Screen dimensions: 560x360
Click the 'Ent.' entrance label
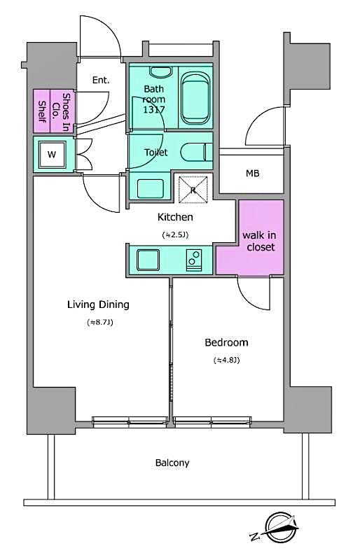[x=102, y=80]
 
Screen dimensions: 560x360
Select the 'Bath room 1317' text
[x=153, y=99]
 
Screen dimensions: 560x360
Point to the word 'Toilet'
[x=155, y=152]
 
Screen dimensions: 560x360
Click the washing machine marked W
[x=52, y=154]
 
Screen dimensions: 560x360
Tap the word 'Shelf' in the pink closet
[x=42, y=112]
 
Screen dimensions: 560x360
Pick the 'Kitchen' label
[x=174, y=217]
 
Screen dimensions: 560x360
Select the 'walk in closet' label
[x=258, y=241]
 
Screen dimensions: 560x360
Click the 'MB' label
[x=252, y=173]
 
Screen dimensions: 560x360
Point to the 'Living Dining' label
[x=98, y=304]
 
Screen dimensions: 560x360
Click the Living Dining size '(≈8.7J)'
[x=99, y=323]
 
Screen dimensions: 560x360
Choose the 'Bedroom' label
[x=226, y=342]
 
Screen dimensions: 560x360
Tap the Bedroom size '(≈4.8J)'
[x=226, y=360]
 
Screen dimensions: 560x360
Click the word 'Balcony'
[x=172, y=463]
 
